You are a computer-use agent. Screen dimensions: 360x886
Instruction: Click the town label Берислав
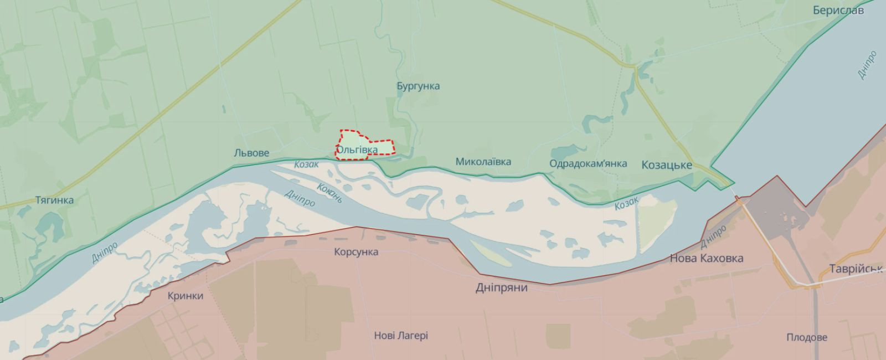[838, 11]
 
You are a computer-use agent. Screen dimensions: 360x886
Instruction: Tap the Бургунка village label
[418, 86]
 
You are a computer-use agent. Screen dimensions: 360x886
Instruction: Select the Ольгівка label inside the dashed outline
[358, 150]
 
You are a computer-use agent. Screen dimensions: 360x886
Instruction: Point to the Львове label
[251, 153]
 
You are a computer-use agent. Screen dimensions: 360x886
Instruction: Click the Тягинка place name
[54, 200]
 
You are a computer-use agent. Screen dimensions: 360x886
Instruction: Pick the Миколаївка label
[483, 162]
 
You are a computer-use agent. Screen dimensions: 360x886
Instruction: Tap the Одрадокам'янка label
[588, 163]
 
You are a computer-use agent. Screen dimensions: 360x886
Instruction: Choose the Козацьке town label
[667, 164]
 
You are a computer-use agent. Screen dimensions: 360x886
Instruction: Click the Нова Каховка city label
[707, 258]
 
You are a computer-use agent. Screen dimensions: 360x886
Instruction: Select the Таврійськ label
[855, 269]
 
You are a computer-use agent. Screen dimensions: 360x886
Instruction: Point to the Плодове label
[806, 337]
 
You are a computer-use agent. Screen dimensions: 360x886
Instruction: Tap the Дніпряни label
[502, 288]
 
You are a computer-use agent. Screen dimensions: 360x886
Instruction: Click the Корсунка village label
[356, 252]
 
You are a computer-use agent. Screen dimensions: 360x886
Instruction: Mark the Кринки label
[186, 296]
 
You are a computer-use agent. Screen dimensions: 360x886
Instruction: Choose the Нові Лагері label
[401, 336]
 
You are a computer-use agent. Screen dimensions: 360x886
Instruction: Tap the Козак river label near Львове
[306, 164]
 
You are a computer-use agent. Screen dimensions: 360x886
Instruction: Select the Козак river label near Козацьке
[626, 203]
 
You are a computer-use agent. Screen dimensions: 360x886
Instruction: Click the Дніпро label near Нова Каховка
[714, 237]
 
